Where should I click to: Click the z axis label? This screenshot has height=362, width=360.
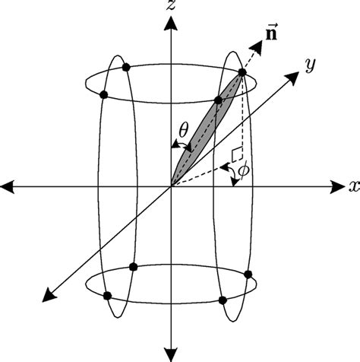click(x=174, y=7)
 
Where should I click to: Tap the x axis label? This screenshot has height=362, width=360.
click(x=353, y=186)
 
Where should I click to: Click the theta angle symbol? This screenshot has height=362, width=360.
click(x=183, y=130)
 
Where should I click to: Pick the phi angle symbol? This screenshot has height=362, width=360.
click(x=243, y=172)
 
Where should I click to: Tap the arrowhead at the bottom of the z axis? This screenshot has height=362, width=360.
click(x=174, y=352)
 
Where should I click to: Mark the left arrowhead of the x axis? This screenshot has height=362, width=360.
click(x=9, y=186)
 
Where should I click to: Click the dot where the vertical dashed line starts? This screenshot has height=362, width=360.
click(x=242, y=72)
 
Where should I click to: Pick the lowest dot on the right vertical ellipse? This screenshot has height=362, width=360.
click(x=223, y=301)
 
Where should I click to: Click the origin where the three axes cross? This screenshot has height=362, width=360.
click(x=173, y=186)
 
